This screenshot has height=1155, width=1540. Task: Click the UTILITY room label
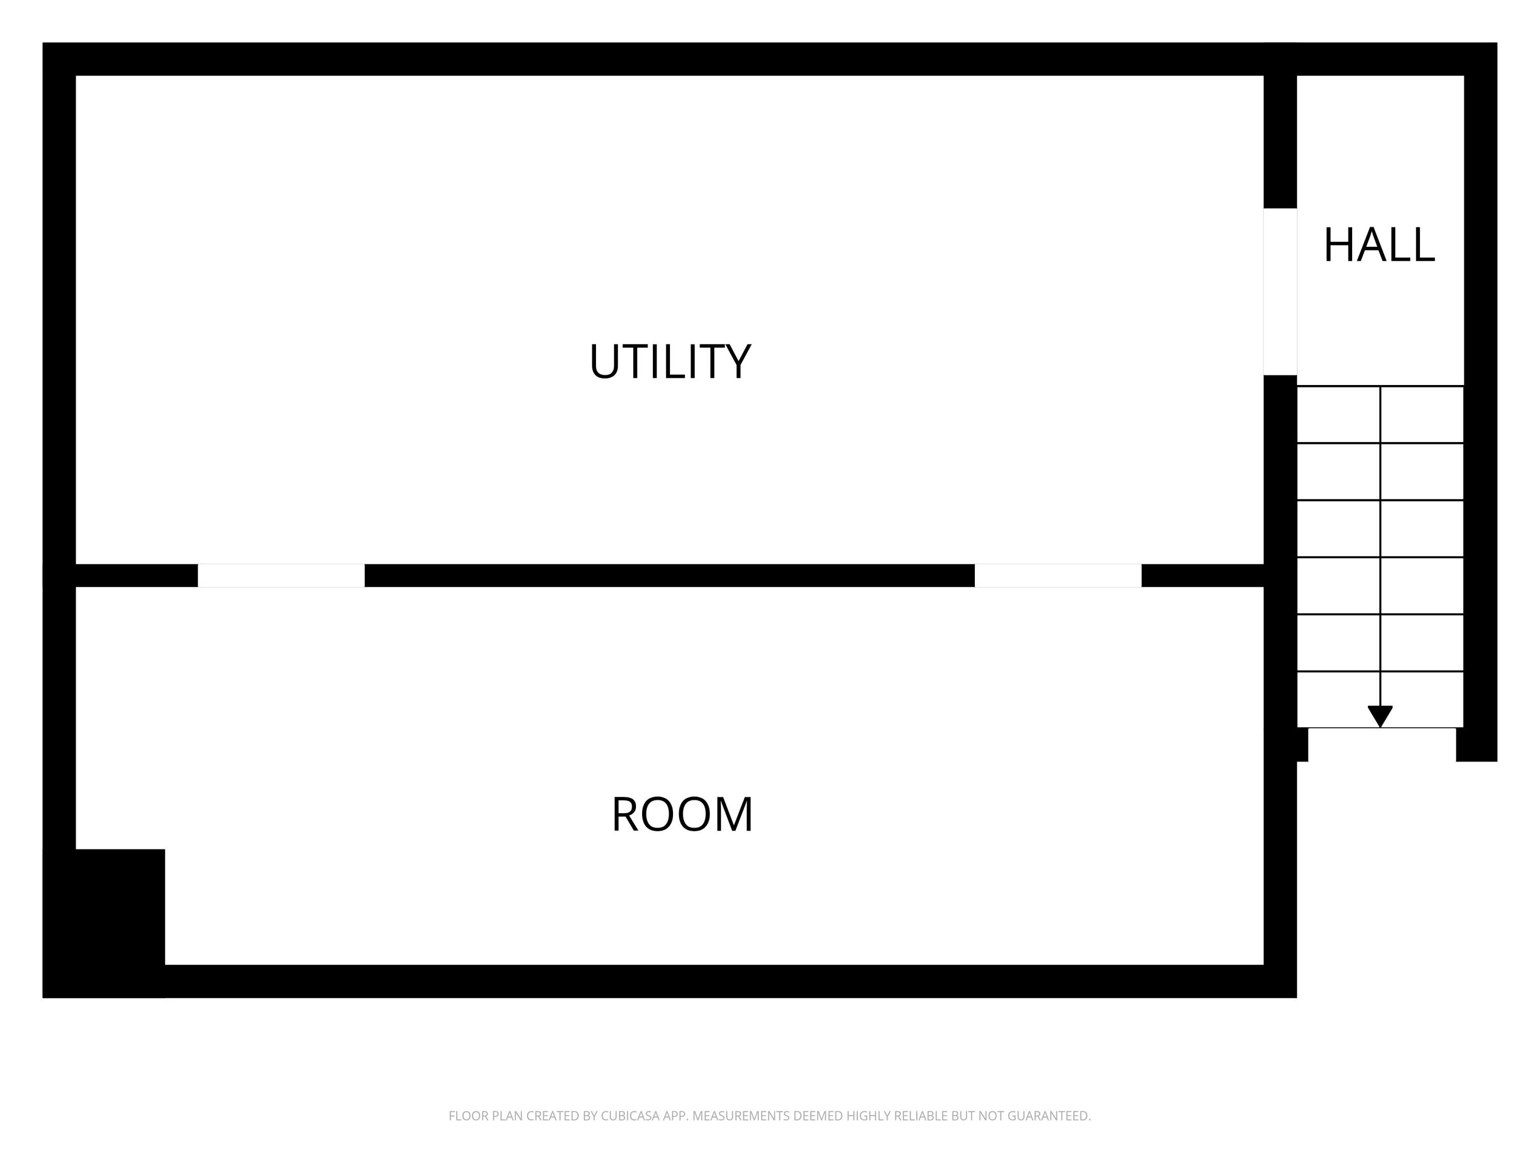coord(670,361)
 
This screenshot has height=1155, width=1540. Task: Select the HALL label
coord(1378,245)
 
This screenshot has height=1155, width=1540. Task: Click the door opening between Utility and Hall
coord(1280,291)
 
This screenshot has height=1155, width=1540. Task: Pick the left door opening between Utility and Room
coord(281,576)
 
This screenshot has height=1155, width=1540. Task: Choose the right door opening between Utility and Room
coord(1057,576)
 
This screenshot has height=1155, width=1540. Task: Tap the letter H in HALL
coord(1337,245)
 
